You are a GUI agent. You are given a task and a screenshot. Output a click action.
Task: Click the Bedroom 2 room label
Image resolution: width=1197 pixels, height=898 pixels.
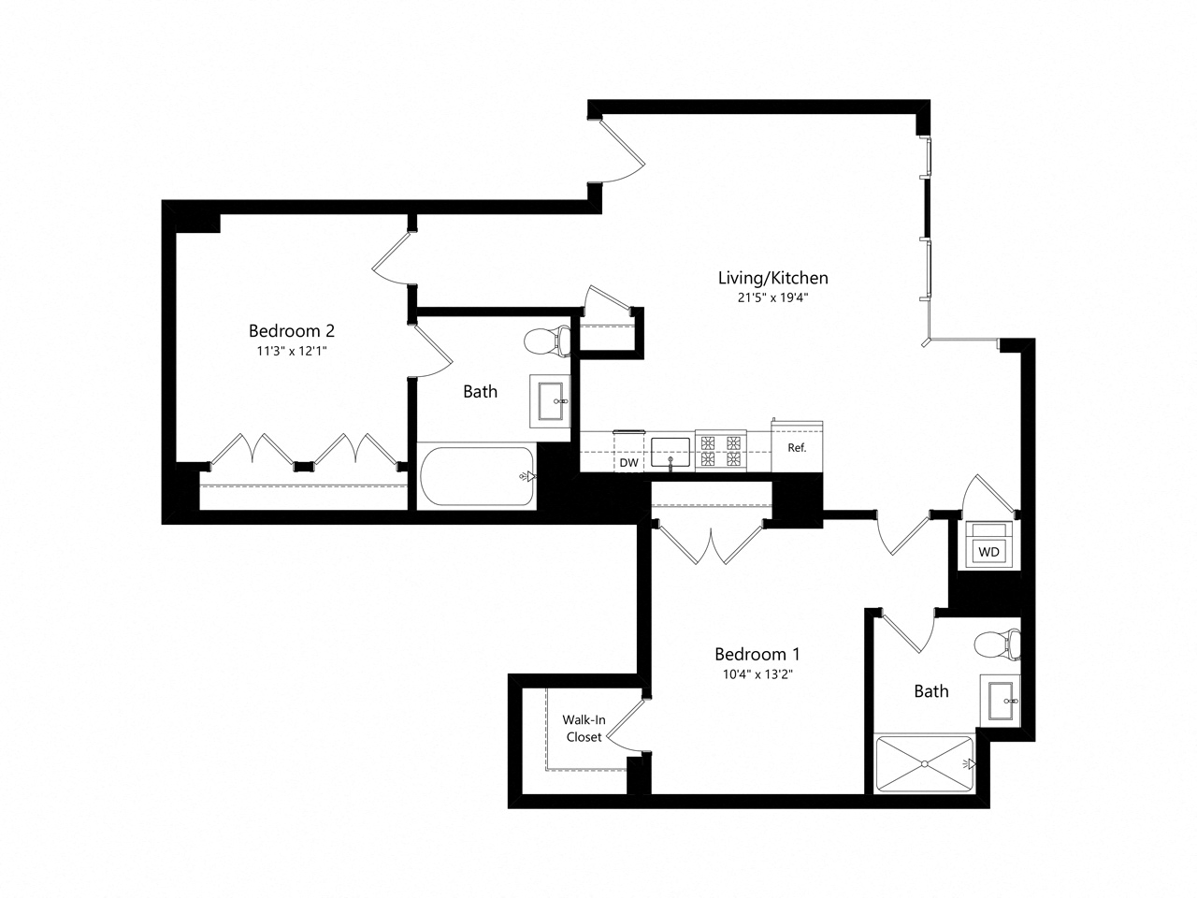tap(291, 330)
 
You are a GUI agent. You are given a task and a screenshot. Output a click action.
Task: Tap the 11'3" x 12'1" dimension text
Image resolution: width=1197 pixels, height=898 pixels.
tap(291, 352)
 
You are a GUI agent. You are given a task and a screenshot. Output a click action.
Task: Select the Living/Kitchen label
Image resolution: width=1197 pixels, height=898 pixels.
tap(772, 277)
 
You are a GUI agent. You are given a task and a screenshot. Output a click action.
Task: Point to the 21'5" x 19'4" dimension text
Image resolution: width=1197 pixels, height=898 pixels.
tap(772, 298)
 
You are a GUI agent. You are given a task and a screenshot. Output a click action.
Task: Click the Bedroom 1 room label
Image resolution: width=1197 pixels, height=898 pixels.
tap(757, 654)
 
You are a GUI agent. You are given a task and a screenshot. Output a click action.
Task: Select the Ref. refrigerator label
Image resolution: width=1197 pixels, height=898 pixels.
tap(797, 448)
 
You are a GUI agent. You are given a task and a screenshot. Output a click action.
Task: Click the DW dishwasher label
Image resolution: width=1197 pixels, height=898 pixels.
tap(628, 462)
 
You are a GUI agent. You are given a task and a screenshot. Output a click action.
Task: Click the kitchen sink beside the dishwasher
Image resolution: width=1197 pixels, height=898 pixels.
tap(671, 451)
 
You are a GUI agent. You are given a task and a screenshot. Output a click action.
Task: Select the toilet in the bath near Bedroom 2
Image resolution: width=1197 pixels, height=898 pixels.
tap(547, 341)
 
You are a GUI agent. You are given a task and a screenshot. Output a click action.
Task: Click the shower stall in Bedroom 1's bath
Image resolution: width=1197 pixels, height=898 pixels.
tap(924, 764)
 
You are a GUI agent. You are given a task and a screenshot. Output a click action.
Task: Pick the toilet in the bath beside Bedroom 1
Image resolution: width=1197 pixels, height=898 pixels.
tap(995, 645)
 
